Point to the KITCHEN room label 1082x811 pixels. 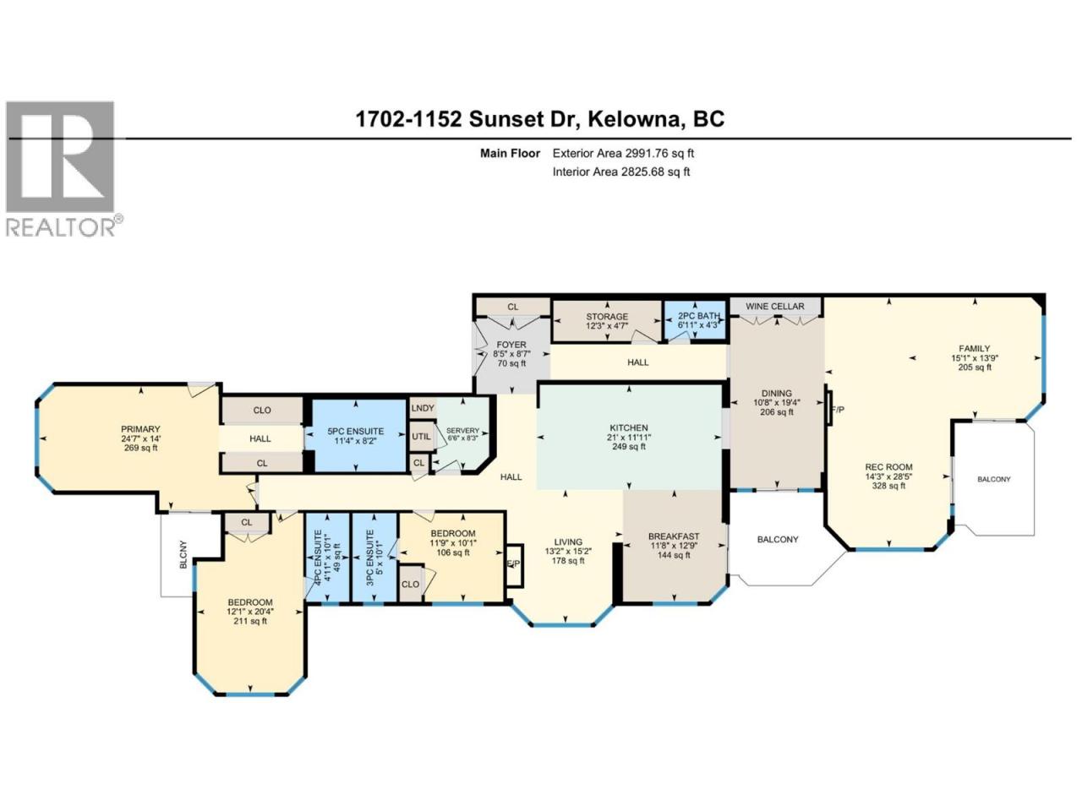click(629, 428)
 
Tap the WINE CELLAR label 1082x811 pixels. click(775, 307)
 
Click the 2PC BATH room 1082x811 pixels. click(695, 320)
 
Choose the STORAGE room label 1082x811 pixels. click(607, 317)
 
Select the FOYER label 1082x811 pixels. click(511, 345)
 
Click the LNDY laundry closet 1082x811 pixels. click(423, 408)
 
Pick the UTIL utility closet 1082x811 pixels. click(422, 436)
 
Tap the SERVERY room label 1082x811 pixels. click(462, 430)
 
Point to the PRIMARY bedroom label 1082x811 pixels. click(140, 429)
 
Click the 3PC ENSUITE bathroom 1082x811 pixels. click(374, 557)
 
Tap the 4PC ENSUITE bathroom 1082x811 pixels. click(327, 557)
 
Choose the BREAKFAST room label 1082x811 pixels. click(674, 536)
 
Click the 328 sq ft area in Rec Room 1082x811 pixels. click(888, 486)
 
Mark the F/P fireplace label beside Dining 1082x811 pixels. click(838, 409)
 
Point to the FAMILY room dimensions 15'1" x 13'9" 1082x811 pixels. click(974, 358)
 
